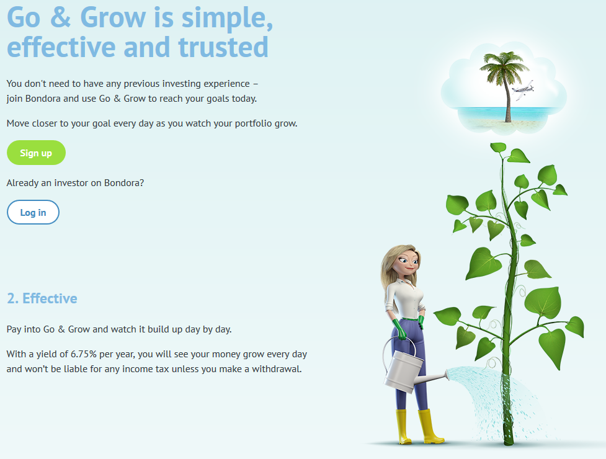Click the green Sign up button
(36, 153)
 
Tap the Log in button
(33, 212)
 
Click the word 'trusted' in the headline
(223, 47)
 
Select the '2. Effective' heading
(42, 298)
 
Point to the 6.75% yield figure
(84, 354)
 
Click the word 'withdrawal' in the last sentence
(276, 369)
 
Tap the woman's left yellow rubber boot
(403, 427)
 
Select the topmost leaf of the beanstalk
(498, 147)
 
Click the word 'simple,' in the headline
(227, 18)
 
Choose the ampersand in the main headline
(61, 17)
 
